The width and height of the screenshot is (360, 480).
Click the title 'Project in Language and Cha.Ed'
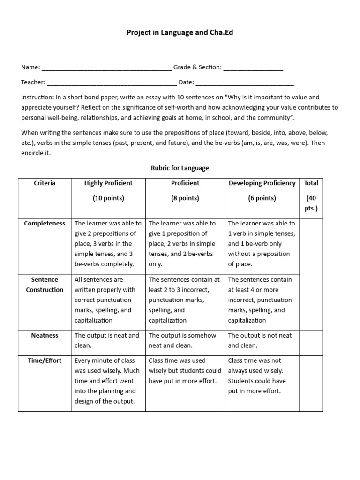coord(180,32)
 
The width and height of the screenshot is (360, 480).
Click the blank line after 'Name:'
coord(106,68)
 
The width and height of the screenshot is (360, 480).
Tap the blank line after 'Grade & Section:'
coord(253,68)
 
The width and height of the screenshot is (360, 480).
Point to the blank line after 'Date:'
coord(244,83)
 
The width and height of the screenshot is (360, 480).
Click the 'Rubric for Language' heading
coord(180,168)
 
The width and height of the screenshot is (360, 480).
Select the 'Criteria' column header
coord(45,183)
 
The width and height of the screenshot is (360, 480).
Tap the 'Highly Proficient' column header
coord(108,183)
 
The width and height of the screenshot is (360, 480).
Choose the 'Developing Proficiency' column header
coord(262,183)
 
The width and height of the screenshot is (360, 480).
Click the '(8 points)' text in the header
coord(185,198)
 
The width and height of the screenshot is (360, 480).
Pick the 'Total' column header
coord(311,183)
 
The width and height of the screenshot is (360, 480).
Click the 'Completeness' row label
coord(45,223)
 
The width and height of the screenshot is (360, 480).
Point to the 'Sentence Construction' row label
coord(45,285)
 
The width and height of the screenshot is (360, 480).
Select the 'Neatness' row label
coord(45,335)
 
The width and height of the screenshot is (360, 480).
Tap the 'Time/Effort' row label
coord(45,360)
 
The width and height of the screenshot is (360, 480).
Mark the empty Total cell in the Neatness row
coord(311,341)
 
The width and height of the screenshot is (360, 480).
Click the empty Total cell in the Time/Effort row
coord(311,382)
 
